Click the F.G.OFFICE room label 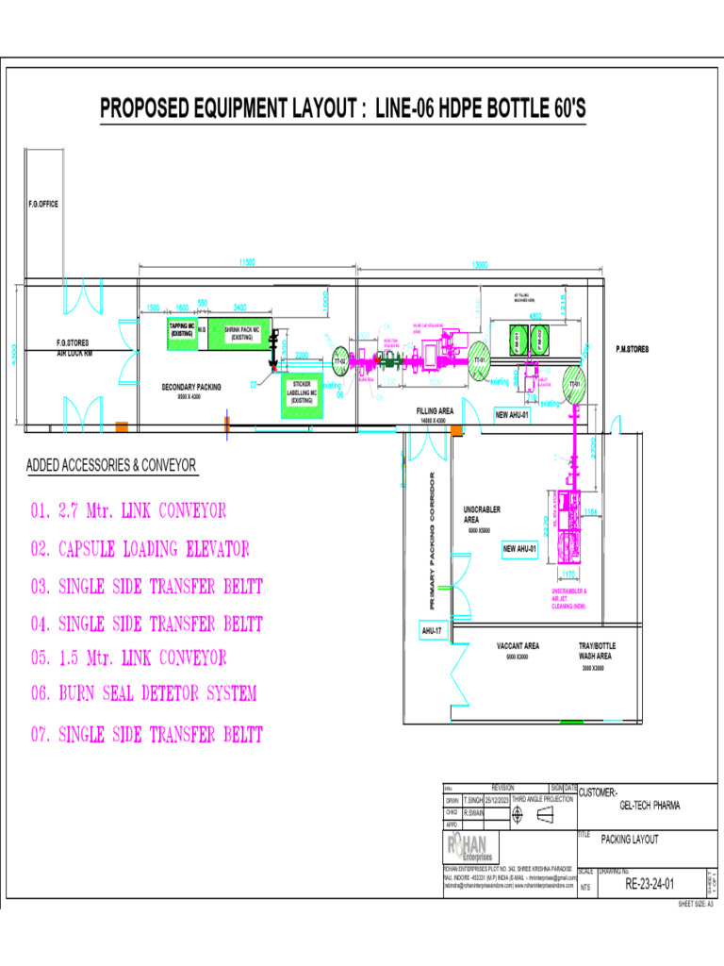[x=42, y=204]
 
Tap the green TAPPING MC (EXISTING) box [x=182, y=332]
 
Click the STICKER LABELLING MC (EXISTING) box [x=302, y=393]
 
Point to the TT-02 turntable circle [x=340, y=360]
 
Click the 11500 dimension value [x=248, y=262]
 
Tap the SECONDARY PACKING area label [x=191, y=388]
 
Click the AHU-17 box [x=433, y=629]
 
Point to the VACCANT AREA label [x=518, y=646]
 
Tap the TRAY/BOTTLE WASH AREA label [x=596, y=651]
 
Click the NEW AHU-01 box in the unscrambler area [x=519, y=548]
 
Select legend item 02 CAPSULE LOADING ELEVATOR [x=140, y=548]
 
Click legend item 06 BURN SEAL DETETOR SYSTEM [x=143, y=693]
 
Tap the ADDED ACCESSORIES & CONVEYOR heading [x=111, y=466]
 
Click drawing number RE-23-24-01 [x=650, y=884]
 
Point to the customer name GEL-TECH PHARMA [x=649, y=806]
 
